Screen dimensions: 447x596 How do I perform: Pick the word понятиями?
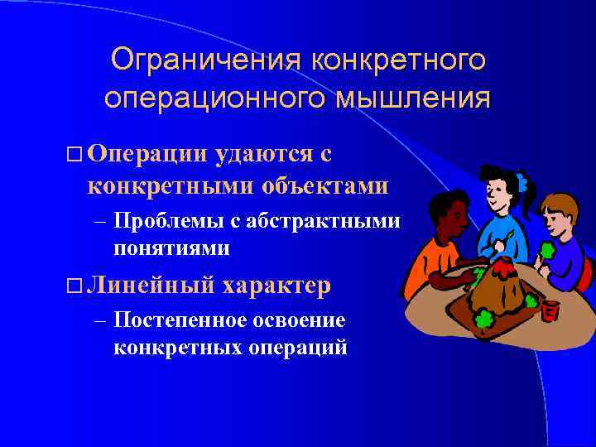pos(172,248)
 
